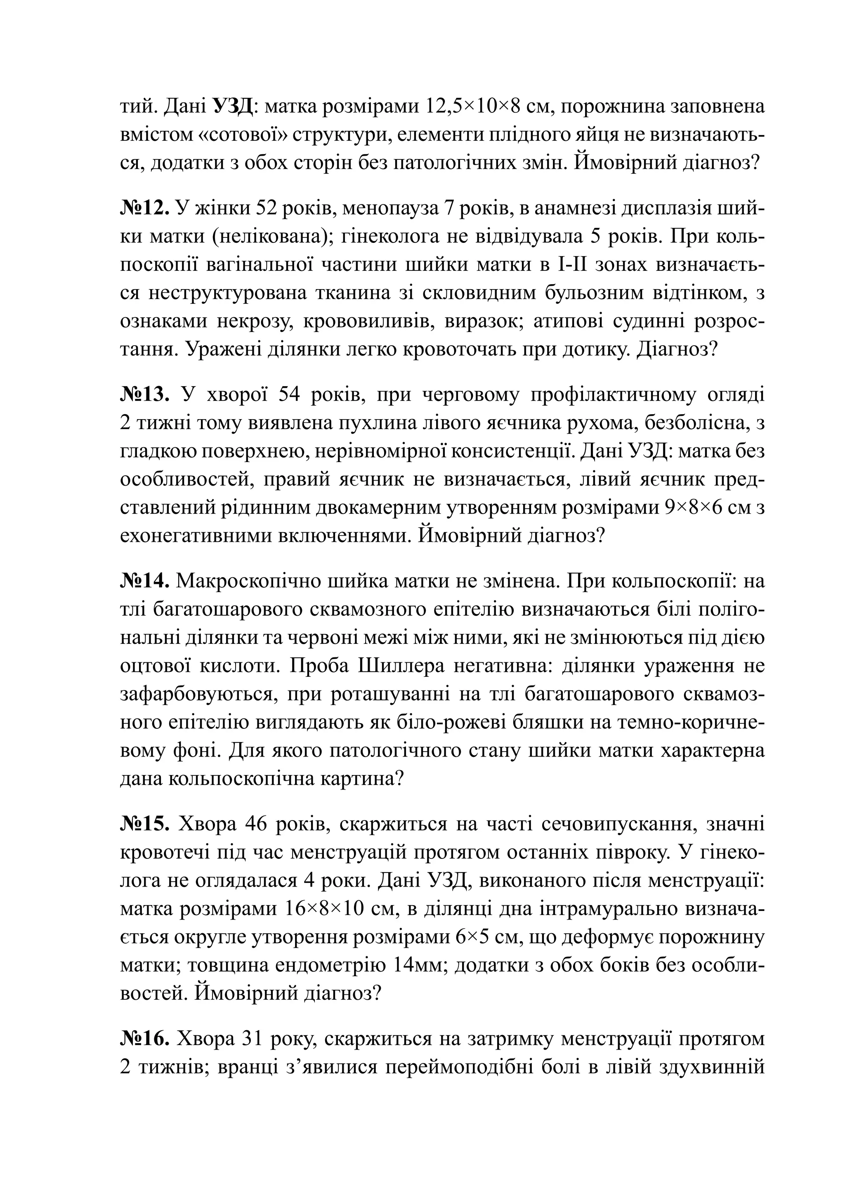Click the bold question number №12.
145,208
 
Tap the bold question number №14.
145,581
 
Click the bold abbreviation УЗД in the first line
234,107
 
